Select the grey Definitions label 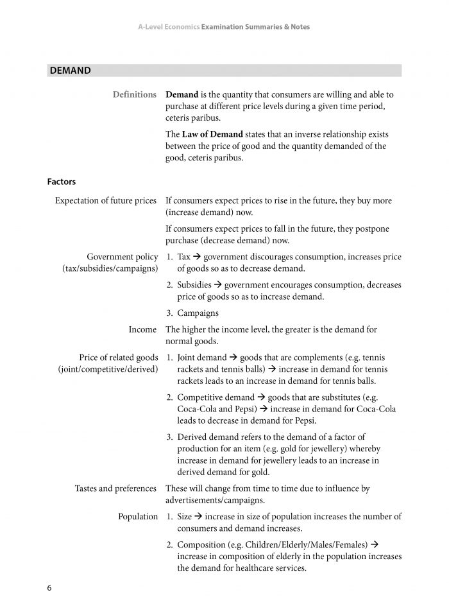coord(135,94)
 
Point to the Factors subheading coord(62,182)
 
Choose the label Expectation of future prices coord(106,200)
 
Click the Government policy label coord(123,257)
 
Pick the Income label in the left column coord(142,329)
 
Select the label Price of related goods coord(119,358)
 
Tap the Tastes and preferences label coord(115,489)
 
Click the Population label coord(138,517)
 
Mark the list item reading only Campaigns coord(198,313)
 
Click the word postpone coord(372,229)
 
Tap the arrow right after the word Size coord(199,517)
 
